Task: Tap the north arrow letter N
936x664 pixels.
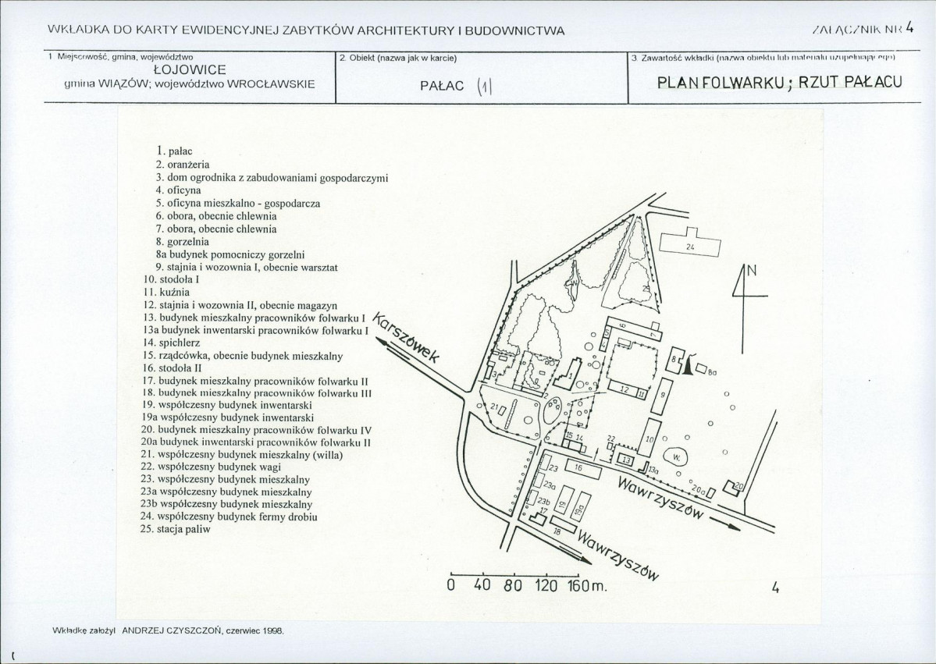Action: click(752, 272)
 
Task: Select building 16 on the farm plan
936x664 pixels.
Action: click(578, 467)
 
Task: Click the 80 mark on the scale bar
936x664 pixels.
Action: click(512, 586)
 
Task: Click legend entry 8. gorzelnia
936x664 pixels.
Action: click(181, 242)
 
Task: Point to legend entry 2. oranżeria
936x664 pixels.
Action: click(183, 164)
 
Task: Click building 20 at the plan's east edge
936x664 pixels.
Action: click(738, 487)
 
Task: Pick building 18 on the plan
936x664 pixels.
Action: click(557, 531)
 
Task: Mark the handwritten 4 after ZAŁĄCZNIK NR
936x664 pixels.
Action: click(909, 29)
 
